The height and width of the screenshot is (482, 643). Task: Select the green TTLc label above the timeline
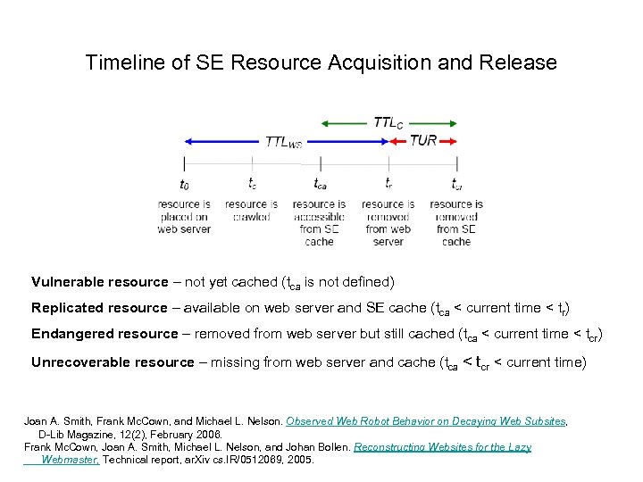point(388,122)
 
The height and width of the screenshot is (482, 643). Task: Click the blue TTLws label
point(284,142)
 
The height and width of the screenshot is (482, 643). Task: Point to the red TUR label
point(423,141)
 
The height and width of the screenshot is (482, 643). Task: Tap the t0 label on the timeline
point(184,184)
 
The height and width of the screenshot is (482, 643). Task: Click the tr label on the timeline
point(388,184)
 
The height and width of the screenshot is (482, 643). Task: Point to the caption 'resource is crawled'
point(252,210)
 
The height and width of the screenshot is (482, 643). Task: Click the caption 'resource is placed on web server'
point(184,216)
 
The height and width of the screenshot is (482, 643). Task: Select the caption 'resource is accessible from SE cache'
point(319,222)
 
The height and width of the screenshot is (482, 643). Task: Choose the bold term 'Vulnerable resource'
point(100,282)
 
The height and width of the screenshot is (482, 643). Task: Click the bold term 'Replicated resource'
point(99,308)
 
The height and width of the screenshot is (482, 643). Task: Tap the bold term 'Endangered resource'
point(104,334)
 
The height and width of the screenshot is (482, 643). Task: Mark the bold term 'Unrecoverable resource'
point(113,361)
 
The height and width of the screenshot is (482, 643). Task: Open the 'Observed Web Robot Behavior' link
point(426,420)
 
